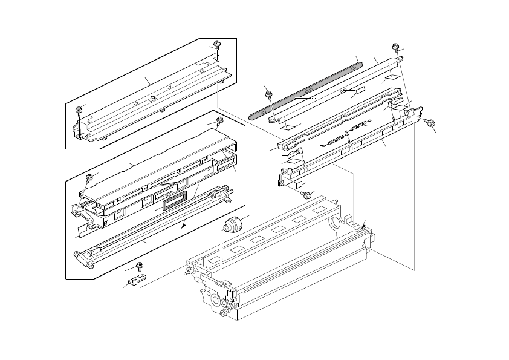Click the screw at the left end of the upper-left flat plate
[x=79, y=110]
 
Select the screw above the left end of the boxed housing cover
[x=89, y=177]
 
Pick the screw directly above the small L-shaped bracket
[x=140, y=265]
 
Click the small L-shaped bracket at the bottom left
[x=137, y=280]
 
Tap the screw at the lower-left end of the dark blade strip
[x=269, y=93]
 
